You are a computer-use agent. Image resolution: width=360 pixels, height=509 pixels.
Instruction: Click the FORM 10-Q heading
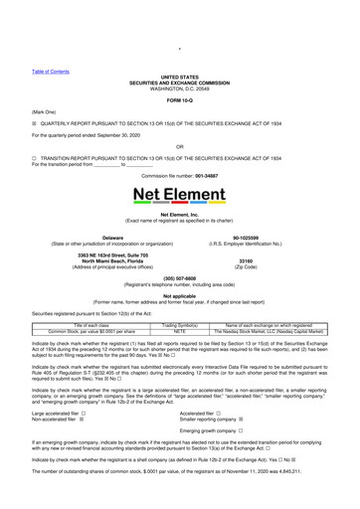click(180, 102)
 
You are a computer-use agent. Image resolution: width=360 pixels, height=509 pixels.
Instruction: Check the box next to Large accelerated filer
click(95, 413)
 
